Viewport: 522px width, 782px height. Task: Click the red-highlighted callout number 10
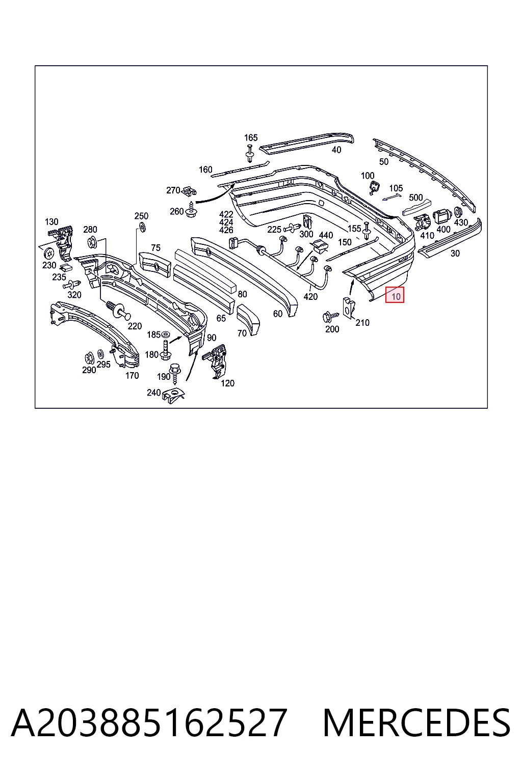[x=396, y=297]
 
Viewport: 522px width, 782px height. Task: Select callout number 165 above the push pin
[x=251, y=137]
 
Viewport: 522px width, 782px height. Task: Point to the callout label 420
[x=310, y=297]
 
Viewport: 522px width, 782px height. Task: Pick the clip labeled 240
[x=173, y=396]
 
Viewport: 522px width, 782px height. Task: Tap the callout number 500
[x=415, y=198]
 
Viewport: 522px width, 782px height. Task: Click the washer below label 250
[x=142, y=227]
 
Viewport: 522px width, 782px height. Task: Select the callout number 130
[x=51, y=221]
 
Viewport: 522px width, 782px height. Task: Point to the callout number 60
[x=278, y=314]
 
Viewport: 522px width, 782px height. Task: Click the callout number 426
[x=226, y=230]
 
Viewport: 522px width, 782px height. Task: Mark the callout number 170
[x=132, y=376]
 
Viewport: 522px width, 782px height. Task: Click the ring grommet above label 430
[x=458, y=212]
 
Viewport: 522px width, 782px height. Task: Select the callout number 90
[x=212, y=338]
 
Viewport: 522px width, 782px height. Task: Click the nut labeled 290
[x=89, y=358]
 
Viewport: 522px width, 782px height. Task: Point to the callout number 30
[x=455, y=254]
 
